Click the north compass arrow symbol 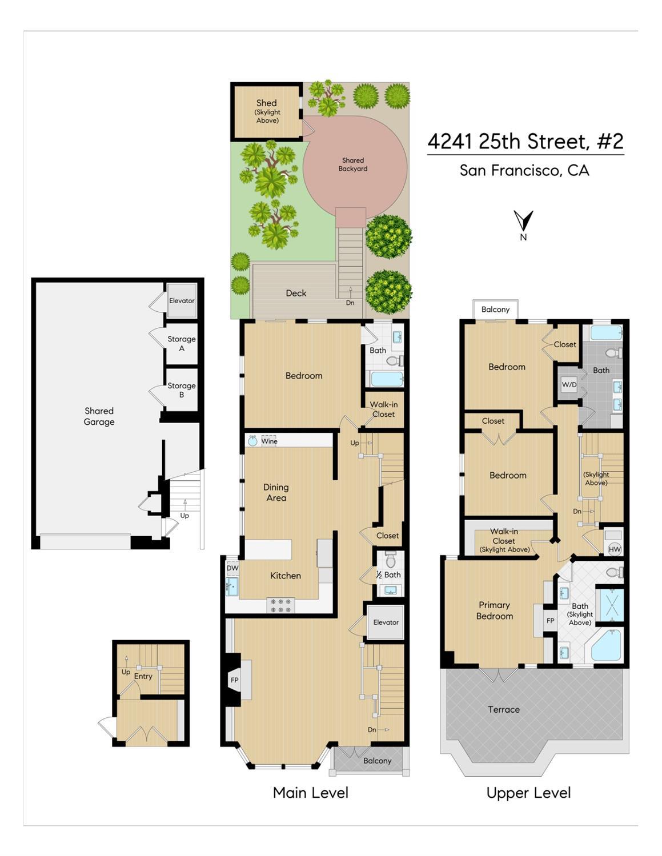pos(523,220)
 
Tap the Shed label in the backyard pos(267,103)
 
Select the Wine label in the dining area pos(269,441)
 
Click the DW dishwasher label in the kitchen pos(232,568)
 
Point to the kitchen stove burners pos(281,605)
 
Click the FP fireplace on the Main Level pos(234,680)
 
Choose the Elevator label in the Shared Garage pos(182,300)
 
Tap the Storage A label pos(182,343)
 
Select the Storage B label pos(182,390)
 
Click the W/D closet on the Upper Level pos(569,384)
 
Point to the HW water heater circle pos(615,549)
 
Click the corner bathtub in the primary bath pos(605,645)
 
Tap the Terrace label pos(504,709)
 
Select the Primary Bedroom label pos(495,610)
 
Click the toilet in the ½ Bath pos(391,560)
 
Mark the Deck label pos(296,293)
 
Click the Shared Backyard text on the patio pos(353,164)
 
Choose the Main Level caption pos(311,793)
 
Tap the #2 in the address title pos(610,141)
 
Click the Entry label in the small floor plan pos(143,676)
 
